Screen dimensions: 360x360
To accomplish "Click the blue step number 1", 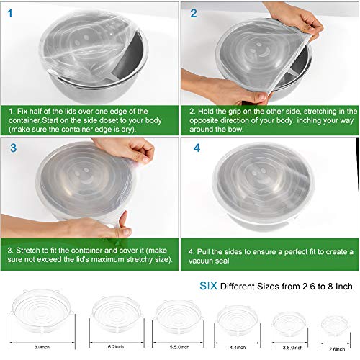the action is pos(10,14).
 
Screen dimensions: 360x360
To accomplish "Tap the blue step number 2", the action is pos(194,14).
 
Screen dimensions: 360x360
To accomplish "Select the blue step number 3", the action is pos(14,148).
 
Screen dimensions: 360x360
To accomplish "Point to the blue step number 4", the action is pos(197,148).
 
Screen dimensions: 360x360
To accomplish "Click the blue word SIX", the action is pos(208,286).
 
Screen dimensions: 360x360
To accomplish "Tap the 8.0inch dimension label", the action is pos(42,347).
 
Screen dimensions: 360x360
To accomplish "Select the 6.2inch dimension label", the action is pos(116,347).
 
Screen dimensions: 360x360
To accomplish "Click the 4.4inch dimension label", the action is pos(238,347).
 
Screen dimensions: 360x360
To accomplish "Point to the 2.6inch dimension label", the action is pos(337,349).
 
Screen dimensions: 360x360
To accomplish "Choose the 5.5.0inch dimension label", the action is pos(179,347).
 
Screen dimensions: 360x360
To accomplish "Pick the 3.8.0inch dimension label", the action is pos(292,348).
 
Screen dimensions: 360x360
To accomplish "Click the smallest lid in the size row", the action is pos(335,325).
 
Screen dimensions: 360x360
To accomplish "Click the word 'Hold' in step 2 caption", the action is pos(206,112).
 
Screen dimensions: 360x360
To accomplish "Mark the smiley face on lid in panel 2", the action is pos(261,51).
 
